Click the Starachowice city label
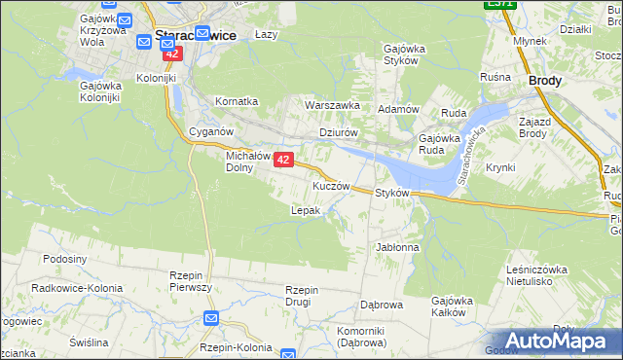(x=195, y=34)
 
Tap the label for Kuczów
(x=330, y=185)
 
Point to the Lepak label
(x=306, y=209)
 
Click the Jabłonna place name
(x=397, y=247)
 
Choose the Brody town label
(x=544, y=82)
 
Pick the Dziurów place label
(x=340, y=132)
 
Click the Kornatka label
(x=237, y=100)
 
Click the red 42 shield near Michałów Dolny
(x=283, y=160)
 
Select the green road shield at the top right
(x=499, y=4)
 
